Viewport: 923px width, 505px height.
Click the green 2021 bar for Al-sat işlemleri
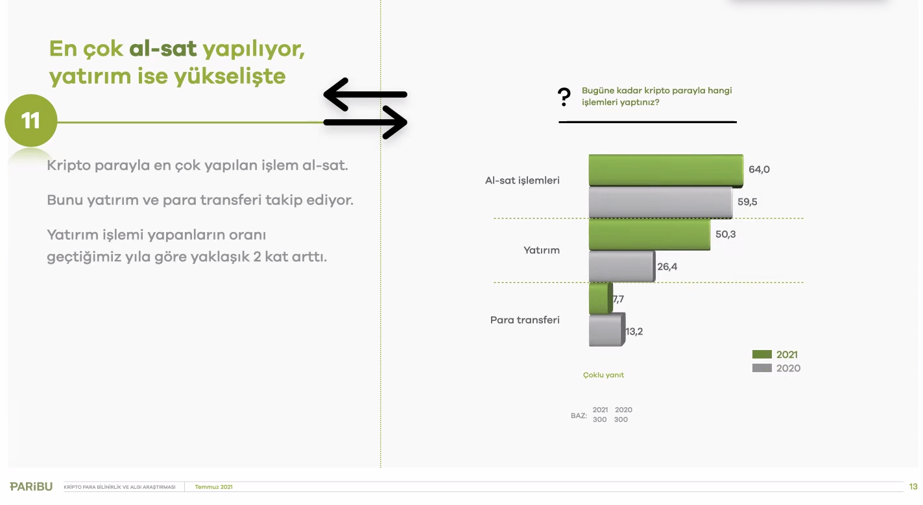click(x=666, y=170)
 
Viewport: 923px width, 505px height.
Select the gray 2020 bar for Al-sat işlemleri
click(x=660, y=202)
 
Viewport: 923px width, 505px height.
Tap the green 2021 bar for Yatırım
click(x=649, y=235)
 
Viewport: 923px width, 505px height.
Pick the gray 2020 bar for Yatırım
click(x=622, y=266)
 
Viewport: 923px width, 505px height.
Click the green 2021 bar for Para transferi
click(x=601, y=299)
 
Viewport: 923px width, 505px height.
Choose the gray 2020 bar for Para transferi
click(x=607, y=331)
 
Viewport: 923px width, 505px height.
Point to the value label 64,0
click(x=759, y=169)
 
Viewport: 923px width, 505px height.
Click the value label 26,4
click(x=667, y=267)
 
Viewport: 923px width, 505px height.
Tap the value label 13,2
click(x=634, y=331)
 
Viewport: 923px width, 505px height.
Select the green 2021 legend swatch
click(x=762, y=354)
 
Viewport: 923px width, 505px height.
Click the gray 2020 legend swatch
click(x=762, y=368)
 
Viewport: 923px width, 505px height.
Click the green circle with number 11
click(x=31, y=121)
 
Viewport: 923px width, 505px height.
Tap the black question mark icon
click(x=564, y=97)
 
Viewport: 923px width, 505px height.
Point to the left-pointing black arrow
click(x=365, y=95)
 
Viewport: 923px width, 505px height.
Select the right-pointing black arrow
click(x=365, y=123)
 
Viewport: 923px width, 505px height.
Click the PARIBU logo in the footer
click(x=31, y=486)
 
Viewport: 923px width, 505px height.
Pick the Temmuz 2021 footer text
click(x=213, y=487)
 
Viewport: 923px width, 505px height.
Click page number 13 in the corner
click(x=913, y=486)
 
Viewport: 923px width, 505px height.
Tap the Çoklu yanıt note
click(x=603, y=375)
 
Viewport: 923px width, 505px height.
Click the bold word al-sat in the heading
click(x=163, y=49)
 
